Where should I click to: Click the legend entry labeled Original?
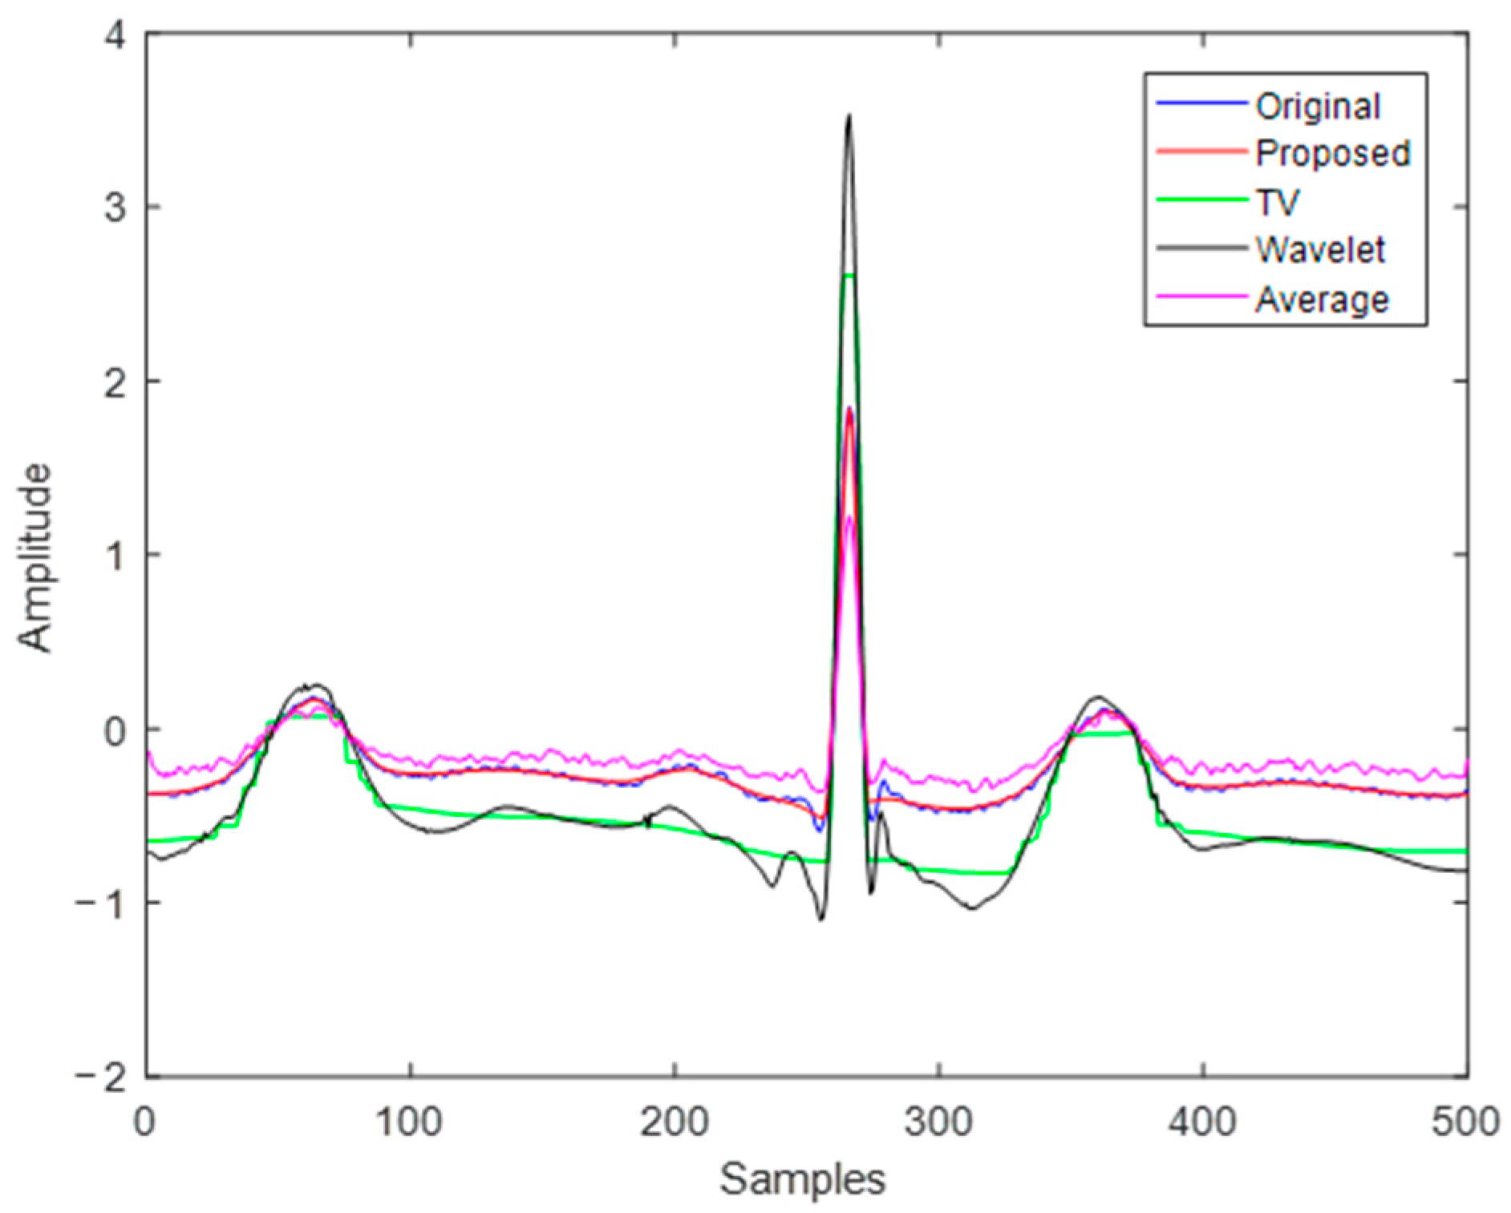click(1318, 107)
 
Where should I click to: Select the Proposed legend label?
click(1333, 153)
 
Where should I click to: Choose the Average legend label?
click(1322, 299)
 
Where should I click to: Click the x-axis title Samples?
click(802, 1179)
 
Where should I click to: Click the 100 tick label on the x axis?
click(410, 1122)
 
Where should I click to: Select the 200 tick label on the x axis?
click(674, 1122)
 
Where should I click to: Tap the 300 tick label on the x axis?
click(938, 1122)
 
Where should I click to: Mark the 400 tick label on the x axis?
click(1202, 1122)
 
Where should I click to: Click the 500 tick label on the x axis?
click(1465, 1122)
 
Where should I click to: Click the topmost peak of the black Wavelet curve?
click(849, 117)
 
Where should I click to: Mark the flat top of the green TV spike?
click(849, 276)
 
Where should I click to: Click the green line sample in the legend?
click(1201, 200)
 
